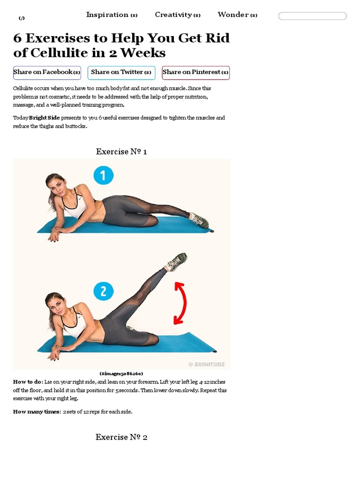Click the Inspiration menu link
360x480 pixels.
[x=112, y=15]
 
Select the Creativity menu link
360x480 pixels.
[x=178, y=15]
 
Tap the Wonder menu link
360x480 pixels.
[x=237, y=15]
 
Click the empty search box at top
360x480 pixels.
[x=312, y=16]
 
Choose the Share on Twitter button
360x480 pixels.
[x=121, y=73]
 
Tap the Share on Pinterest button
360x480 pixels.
[x=195, y=73]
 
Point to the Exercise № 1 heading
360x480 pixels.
[x=121, y=151]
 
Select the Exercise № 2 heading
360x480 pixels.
[x=121, y=437]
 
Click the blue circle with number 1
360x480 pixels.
[x=104, y=175]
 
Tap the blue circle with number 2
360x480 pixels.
[x=104, y=291]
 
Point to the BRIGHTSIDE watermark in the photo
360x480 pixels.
[x=206, y=364]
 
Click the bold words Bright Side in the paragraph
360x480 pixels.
[x=45, y=118]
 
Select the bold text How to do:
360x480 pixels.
[x=28, y=382]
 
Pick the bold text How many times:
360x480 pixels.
[x=37, y=412]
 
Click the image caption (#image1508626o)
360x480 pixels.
[x=121, y=374]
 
